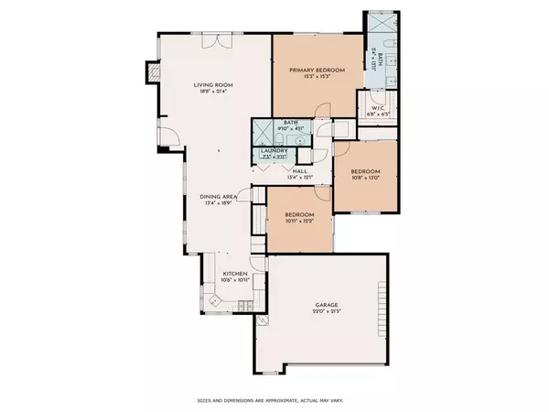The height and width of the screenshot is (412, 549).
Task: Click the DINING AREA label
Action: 219,197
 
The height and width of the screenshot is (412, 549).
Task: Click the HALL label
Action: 299,170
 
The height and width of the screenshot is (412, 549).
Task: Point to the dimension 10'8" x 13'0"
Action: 364,179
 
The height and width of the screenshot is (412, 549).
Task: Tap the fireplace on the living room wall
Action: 152,73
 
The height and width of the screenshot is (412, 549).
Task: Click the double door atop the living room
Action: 211,41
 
